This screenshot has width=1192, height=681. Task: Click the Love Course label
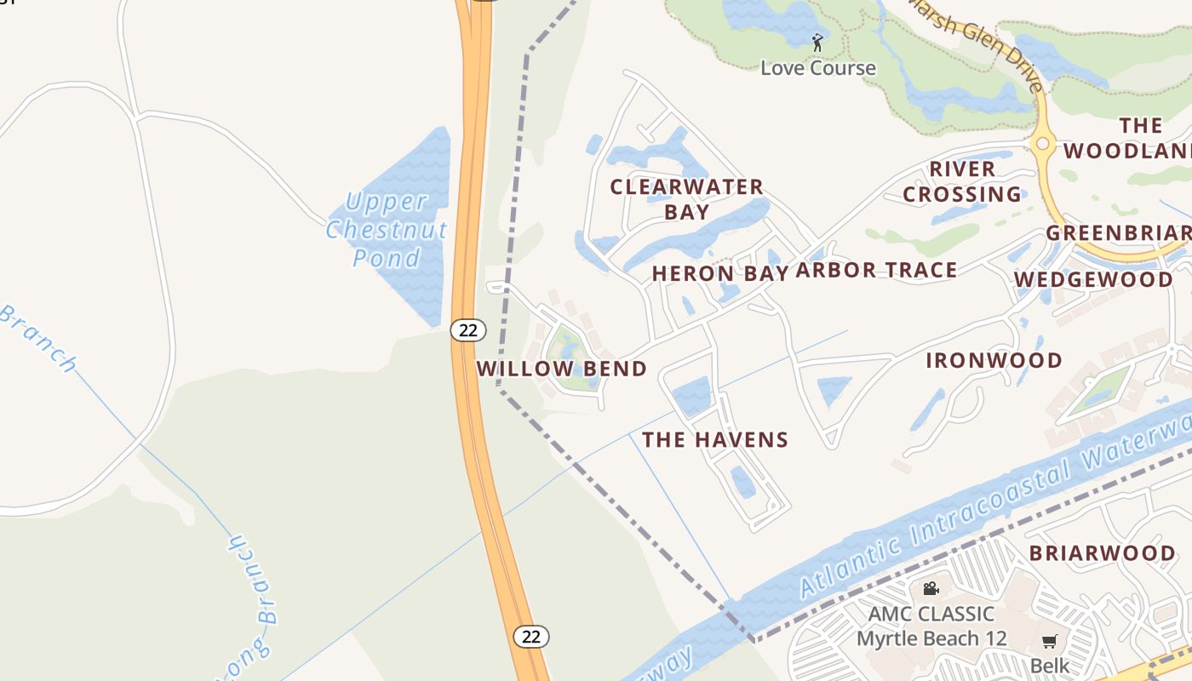[x=817, y=68]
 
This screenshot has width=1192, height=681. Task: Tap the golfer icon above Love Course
[x=817, y=42]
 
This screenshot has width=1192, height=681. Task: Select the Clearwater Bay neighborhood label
[x=686, y=199]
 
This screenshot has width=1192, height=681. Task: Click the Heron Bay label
[x=719, y=273]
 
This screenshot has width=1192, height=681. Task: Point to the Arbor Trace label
[x=876, y=271]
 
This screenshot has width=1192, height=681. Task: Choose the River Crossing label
[x=962, y=182]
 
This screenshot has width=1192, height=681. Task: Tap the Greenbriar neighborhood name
[x=1118, y=233]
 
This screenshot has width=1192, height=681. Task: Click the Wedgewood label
[x=1093, y=280]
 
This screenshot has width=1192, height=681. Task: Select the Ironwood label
[x=994, y=360]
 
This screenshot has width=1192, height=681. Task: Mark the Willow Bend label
[x=561, y=369]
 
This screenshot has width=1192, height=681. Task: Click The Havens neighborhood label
[x=715, y=440]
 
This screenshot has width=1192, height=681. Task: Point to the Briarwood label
[x=1102, y=553]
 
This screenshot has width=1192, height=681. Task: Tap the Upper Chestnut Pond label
[x=387, y=230]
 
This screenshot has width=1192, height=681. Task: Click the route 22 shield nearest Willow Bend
[x=467, y=329]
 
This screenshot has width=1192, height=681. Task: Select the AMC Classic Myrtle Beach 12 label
[x=931, y=626]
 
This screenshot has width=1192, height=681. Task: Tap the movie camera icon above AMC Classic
[x=931, y=588]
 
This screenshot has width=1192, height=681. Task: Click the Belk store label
[x=1049, y=665]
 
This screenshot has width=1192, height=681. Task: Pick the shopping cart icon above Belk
[x=1049, y=641]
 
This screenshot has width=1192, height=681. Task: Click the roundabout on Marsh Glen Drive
[x=1043, y=145]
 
